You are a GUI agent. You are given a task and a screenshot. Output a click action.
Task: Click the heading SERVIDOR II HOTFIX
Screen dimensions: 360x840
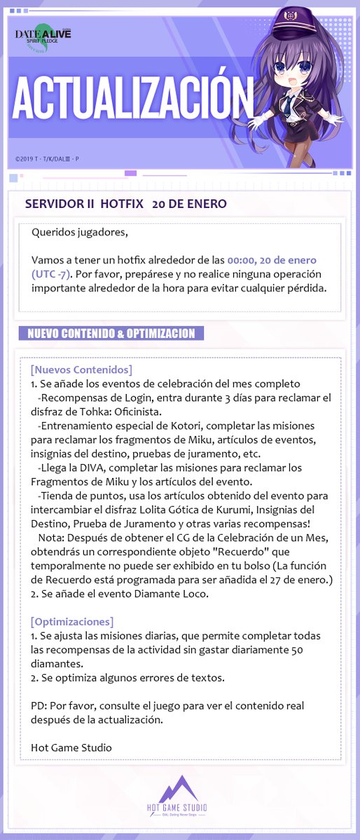(83, 204)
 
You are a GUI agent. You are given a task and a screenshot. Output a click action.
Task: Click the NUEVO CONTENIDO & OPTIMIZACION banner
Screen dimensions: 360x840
(111, 333)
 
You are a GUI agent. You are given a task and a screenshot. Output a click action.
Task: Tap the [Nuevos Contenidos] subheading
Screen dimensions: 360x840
(81, 369)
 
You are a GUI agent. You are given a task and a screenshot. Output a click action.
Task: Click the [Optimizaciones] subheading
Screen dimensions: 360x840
(72, 621)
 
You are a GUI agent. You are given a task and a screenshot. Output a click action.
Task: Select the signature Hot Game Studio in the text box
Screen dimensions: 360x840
(71, 747)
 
